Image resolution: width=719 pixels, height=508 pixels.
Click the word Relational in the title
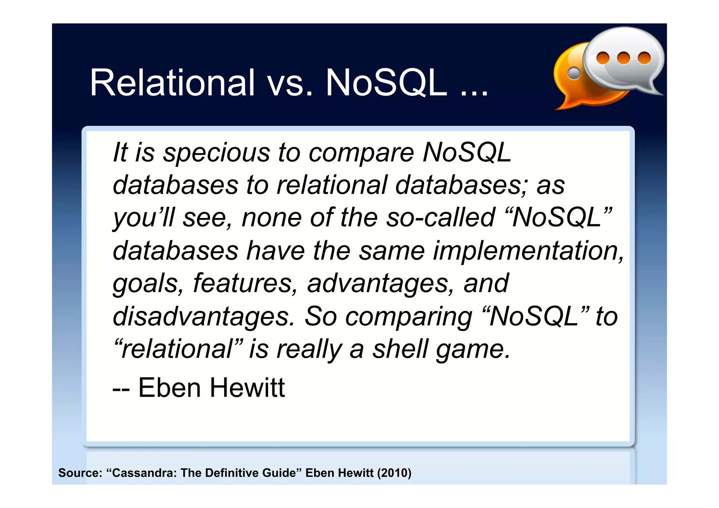coord(172,83)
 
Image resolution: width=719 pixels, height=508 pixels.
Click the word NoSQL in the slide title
coord(386,83)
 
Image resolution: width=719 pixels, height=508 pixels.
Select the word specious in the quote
coord(216,153)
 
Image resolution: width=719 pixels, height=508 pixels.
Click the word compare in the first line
coord(361,153)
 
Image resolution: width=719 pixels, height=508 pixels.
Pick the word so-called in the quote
coord(440,218)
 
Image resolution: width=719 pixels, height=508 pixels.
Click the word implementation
coord(528,251)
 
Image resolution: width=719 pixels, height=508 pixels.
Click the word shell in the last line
coord(400,349)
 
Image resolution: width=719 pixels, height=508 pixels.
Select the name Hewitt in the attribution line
coord(247,388)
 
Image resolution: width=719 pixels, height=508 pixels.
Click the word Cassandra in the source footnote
coord(144,473)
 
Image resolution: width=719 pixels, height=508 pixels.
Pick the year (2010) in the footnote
coord(394,473)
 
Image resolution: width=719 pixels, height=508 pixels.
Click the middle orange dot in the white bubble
coord(623,58)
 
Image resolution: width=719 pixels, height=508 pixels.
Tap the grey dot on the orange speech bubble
coord(574,73)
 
